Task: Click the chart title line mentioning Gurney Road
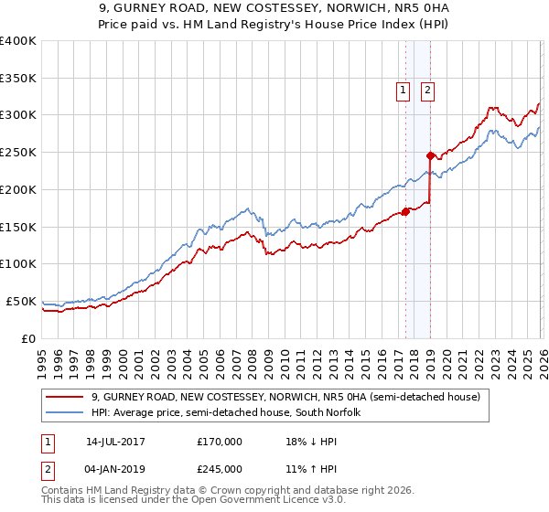click(x=274, y=8)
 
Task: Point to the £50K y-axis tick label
click(x=20, y=301)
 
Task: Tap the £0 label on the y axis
click(x=29, y=338)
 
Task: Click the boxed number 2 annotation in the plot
click(x=427, y=90)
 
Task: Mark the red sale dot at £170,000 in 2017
click(x=405, y=212)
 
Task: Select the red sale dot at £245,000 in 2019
click(x=429, y=155)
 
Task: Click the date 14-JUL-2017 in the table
click(x=114, y=441)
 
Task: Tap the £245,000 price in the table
click(x=219, y=468)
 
